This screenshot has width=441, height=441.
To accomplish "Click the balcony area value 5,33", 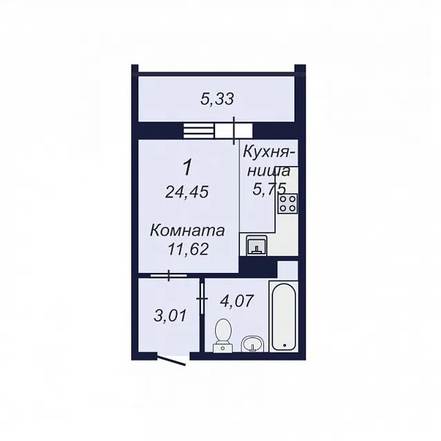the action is click(217, 99).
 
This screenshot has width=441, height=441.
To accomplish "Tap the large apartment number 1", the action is click(187, 167).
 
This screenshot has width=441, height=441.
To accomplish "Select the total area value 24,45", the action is click(187, 192).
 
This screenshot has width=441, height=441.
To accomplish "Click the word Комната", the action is click(187, 231).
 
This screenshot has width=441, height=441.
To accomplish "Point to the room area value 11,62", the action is click(188, 250).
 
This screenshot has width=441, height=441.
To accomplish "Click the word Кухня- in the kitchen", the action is click(269, 153).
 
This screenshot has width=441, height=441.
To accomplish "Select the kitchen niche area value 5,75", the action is click(269, 189).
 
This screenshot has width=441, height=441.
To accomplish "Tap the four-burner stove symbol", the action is click(288, 204).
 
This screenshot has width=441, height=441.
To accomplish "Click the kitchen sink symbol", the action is click(256, 245).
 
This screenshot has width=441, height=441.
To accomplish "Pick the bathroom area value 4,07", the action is click(237, 301).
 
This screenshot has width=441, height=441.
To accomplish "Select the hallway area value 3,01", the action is click(170, 315).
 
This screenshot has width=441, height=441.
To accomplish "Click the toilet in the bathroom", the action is click(223, 335).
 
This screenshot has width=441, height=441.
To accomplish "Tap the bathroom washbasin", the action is click(252, 344).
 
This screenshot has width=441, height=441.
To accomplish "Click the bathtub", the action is click(283, 317).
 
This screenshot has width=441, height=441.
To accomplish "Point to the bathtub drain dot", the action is click(285, 345).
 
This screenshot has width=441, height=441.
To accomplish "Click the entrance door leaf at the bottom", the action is click(171, 361).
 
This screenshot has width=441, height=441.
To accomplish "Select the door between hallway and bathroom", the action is click(202, 299).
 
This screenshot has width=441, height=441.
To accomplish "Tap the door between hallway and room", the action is click(169, 275).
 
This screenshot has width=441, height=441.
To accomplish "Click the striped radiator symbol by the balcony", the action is click(199, 131).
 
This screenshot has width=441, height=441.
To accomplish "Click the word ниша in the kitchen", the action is click(269, 171).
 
